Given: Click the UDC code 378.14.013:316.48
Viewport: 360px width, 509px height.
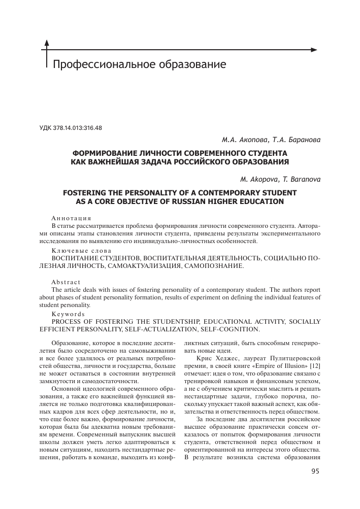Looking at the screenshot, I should click(x=71, y=128).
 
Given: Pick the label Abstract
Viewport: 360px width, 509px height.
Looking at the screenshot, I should click(x=66, y=282).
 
